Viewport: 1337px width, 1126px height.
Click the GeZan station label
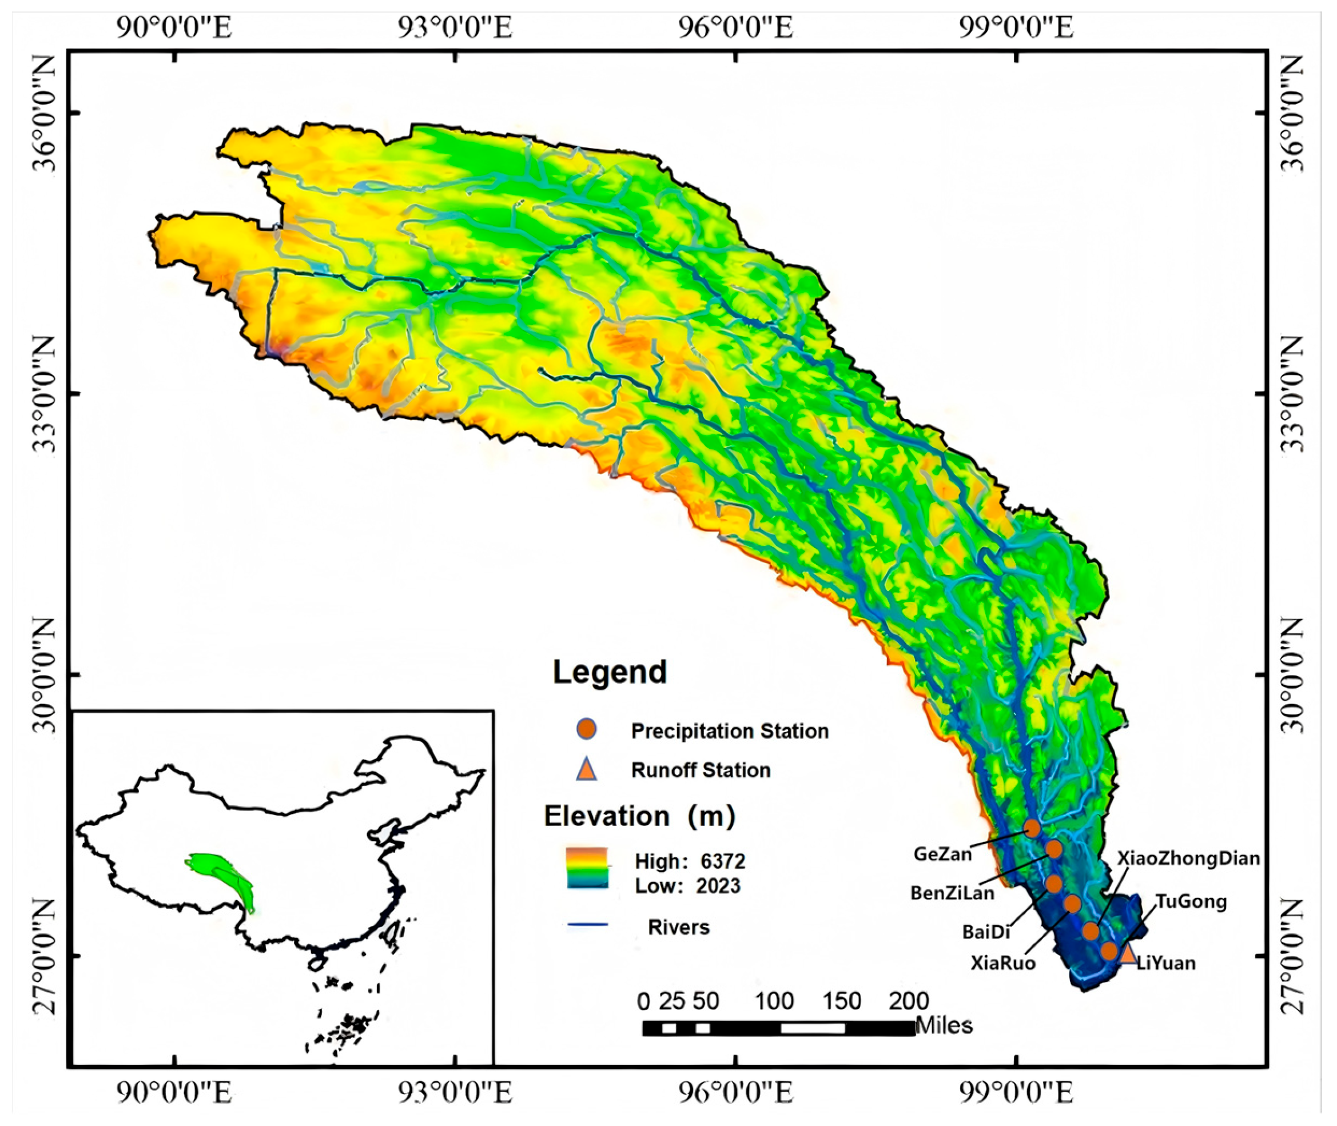(x=942, y=854)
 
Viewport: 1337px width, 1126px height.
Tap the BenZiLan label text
(x=953, y=893)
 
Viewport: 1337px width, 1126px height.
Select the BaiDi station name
(x=986, y=932)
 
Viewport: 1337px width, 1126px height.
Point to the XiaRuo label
(x=1003, y=963)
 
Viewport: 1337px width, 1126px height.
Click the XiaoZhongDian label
(x=1188, y=858)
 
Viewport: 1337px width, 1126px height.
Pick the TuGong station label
(x=1191, y=902)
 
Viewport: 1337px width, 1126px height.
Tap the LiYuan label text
(x=1166, y=963)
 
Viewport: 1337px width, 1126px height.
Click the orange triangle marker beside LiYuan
(x=1127, y=955)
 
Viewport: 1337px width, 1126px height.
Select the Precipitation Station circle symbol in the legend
(x=586, y=729)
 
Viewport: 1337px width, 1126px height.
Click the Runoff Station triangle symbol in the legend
(x=586, y=770)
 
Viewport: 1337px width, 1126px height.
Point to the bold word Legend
(x=610, y=672)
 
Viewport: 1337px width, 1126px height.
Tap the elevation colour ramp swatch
(x=587, y=868)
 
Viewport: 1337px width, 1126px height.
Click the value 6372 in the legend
(x=723, y=862)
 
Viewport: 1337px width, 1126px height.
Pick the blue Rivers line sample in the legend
(x=587, y=924)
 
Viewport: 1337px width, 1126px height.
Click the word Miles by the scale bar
(x=944, y=1026)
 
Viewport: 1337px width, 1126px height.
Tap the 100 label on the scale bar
(x=774, y=1001)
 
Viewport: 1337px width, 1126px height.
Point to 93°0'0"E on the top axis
(x=455, y=29)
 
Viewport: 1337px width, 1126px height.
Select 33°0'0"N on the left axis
(x=45, y=393)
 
